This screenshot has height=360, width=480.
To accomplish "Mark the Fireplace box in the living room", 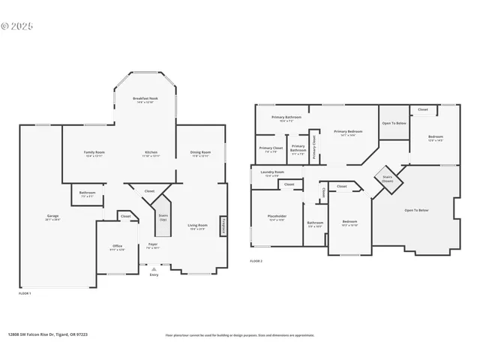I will pyautogui.click(x=223, y=226).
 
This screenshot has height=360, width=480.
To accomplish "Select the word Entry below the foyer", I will pyautogui.click(x=154, y=275).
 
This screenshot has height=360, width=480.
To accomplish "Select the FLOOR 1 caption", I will pyautogui.click(x=25, y=293).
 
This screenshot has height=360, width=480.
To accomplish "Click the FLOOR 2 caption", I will pyautogui.click(x=256, y=261).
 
